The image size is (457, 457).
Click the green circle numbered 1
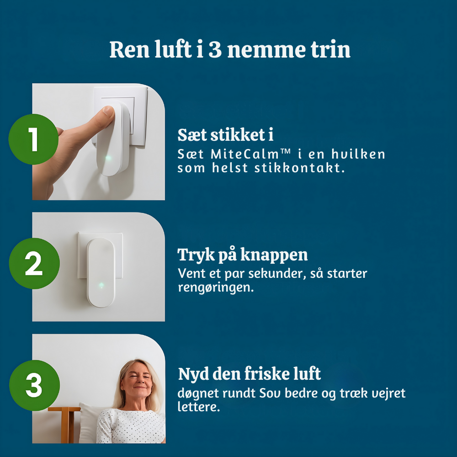tap(33, 139)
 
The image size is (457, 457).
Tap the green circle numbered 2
tap(34, 264)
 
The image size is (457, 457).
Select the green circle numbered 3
tap(34, 385)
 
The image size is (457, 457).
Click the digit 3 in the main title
tap(215, 49)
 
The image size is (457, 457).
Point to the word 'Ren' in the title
tap(130, 49)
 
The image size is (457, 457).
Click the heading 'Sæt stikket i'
tap(225, 135)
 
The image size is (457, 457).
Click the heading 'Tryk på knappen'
tap(243, 255)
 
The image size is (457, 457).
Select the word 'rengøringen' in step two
tap(216, 287)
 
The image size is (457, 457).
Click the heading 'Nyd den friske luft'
tap(249, 374)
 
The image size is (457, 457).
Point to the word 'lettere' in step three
tap(198, 407)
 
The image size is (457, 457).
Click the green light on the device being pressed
tap(108, 158)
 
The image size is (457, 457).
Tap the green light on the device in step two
tap(101, 285)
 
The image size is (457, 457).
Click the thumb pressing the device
tap(106, 114)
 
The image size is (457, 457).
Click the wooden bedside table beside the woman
tap(66, 424)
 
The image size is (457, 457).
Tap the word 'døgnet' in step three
tap(198, 393)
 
